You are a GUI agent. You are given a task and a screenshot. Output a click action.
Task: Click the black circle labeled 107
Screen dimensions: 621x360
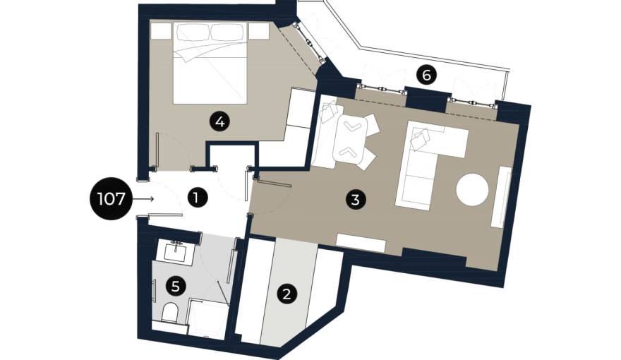tap(111, 198)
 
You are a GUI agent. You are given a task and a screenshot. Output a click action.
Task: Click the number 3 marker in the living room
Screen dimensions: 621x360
tap(355, 199)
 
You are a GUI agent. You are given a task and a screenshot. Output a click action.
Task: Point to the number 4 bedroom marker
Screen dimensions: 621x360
tap(219, 121)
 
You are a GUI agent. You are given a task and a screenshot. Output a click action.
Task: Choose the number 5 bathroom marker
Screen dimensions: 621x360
tap(176, 286)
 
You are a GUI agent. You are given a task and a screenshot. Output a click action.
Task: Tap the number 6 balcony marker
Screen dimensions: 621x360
tap(426, 75)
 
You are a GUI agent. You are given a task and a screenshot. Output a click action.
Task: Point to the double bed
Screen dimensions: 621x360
tap(210, 64)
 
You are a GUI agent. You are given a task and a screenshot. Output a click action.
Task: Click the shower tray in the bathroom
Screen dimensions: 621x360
tap(207, 319)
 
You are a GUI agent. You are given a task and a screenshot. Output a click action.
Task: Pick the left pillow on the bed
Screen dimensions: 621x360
tap(193, 32)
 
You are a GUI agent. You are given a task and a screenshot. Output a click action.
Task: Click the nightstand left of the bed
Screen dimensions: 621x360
tap(161, 30)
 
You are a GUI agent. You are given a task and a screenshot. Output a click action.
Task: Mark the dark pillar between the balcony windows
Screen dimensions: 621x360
tap(427, 99)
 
